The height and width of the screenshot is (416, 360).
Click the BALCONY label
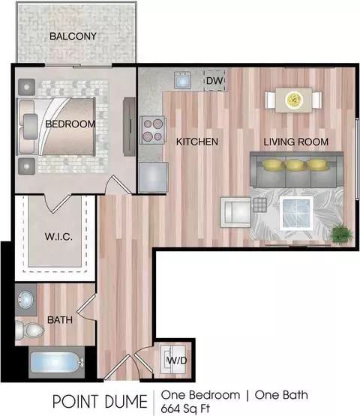coord(73,36)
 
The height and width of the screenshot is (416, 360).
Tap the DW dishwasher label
coord(214,81)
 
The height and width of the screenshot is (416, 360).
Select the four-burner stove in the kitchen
coord(152,130)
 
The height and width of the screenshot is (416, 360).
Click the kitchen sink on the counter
coord(182,80)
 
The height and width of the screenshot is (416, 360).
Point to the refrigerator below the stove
coord(153,177)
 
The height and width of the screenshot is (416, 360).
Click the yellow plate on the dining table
coord(294,100)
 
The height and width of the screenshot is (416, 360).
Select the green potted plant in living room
coord(342,234)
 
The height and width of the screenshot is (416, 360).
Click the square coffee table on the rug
coord(296,214)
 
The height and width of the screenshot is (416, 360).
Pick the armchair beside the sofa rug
coord(235,212)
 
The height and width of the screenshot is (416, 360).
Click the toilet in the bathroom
coord(29,331)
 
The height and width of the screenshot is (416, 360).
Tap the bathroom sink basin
coord(25,300)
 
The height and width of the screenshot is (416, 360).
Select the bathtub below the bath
coord(57,363)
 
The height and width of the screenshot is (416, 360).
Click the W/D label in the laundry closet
coord(177,361)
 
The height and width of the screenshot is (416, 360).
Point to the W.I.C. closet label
coord(58,237)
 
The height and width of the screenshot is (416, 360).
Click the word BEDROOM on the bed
coord(70,124)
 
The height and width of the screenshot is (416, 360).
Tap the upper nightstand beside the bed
coord(26,87)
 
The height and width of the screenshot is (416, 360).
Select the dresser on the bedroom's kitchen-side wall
coord(129,127)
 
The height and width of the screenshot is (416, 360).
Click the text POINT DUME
coord(100,402)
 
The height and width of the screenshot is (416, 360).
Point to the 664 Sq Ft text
coord(185,409)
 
